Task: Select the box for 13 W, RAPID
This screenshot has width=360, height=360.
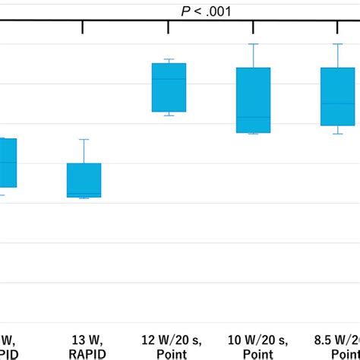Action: point(84,180)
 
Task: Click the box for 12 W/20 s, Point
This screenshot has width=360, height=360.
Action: point(169,87)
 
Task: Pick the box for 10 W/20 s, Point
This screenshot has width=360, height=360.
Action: point(253,100)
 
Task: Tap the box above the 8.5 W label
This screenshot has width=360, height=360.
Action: point(337,96)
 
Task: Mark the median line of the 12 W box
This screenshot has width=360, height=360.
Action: point(169,79)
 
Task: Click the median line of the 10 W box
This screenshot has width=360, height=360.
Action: point(253,117)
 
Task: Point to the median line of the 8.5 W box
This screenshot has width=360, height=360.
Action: point(337,103)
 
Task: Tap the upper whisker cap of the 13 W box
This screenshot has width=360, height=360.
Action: point(84,140)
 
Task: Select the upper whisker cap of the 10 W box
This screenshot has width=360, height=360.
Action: point(253,44)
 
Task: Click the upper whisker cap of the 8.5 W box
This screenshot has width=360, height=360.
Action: point(337,44)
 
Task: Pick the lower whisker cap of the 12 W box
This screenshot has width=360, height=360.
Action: point(169,116)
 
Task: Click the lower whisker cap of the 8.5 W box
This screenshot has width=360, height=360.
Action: point(337,134)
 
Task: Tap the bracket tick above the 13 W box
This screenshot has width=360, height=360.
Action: point(82,27)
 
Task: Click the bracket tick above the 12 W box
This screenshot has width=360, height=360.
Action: point(167,27)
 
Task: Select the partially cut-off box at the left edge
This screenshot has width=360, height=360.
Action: point(8,163)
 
